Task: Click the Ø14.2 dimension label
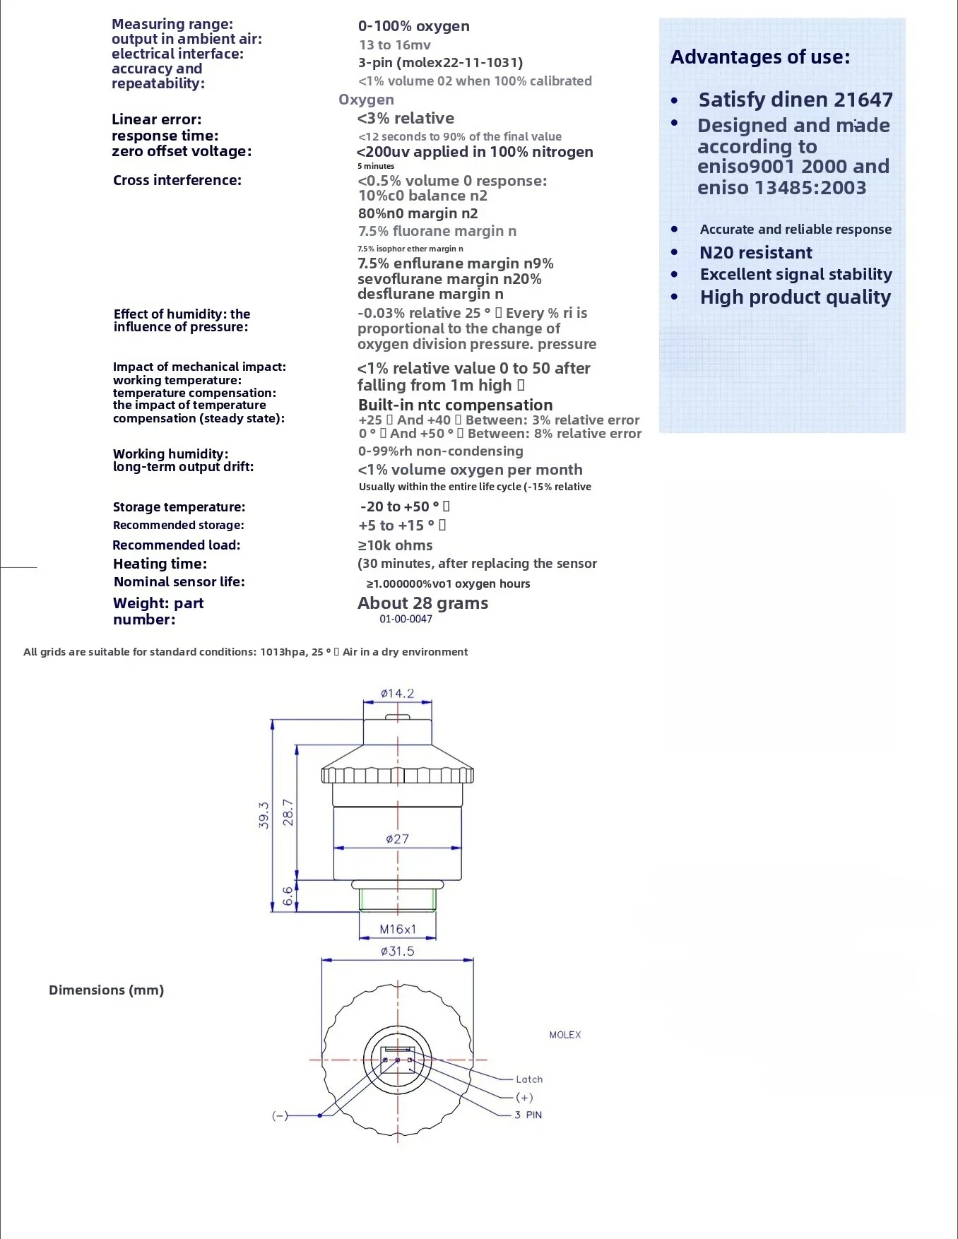click(x=397, y=694)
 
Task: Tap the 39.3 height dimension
click(x=264, y=814)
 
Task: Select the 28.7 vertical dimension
click(x=288, y=812)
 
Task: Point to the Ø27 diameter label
click(x=397, y=839)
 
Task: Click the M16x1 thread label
click(x=398, y=930)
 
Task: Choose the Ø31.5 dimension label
click(x=397, y=952)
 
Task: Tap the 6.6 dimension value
click(x=288, y=896)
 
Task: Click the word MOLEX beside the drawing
click(x=565, y=1035)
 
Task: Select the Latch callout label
click(x=529, y=1079)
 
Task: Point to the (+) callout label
click(x=524, y=1097)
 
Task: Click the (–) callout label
click(x=280, y=1115)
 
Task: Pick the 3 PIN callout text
click(x=528, y=1115)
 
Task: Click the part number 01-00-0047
click(x=406, y=619)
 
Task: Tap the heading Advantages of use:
click(x=760, y=57)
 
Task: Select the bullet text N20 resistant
click(x=756, y=253)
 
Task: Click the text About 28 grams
click(x=422, y=603)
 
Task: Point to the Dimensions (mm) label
click(x=106, y=990)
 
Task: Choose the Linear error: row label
click(x=157, y=119)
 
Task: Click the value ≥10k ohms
click(x=395, y=545)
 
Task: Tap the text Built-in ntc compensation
click(x=455, y=405)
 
